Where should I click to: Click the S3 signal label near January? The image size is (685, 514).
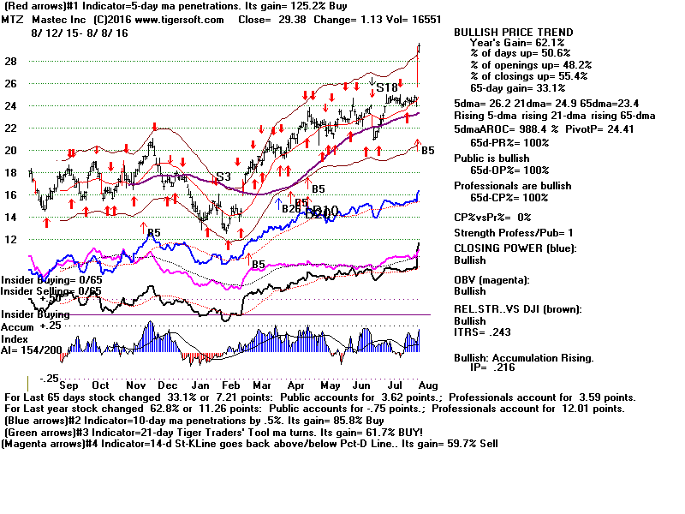click(x=223, y=177)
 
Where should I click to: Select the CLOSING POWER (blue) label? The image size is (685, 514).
click(x=515, y=248)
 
